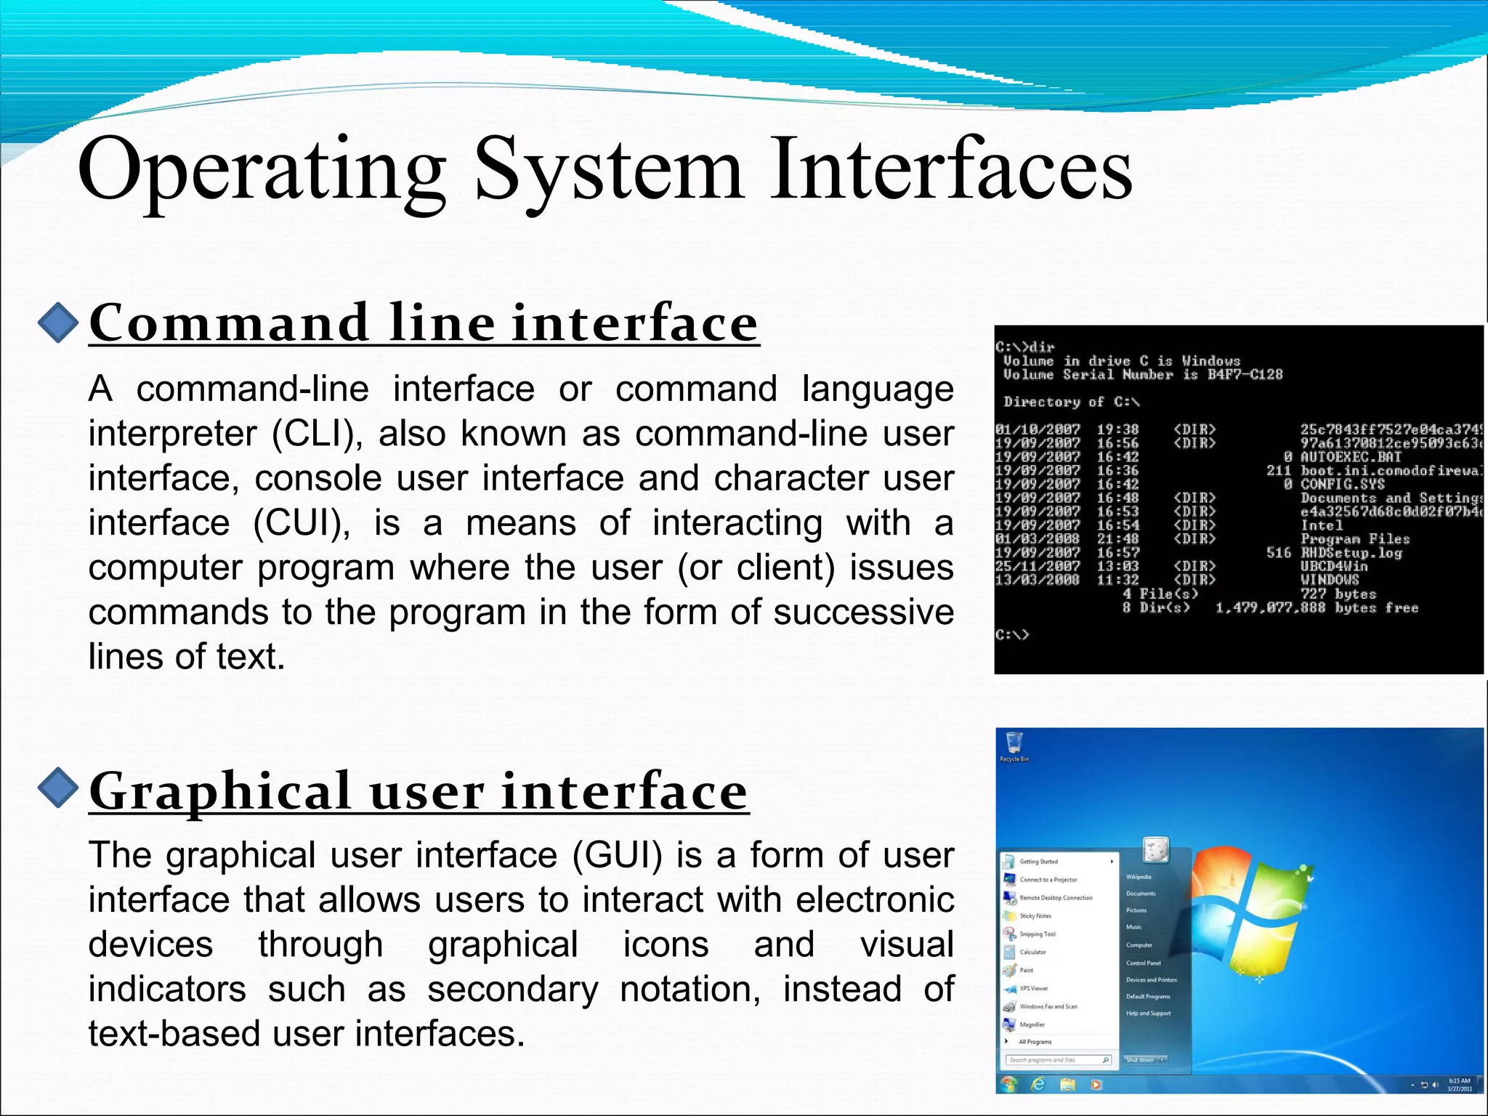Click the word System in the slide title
609,170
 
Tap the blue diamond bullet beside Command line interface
58,322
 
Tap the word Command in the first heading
229,323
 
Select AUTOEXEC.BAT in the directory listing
1350,457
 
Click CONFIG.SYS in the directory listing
1342,484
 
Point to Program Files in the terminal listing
1355,539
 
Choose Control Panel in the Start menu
1143,963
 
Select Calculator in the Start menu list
1032,952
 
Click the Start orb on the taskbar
1008,1085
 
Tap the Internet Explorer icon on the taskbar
1038,1085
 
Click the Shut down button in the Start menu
1140,1060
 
